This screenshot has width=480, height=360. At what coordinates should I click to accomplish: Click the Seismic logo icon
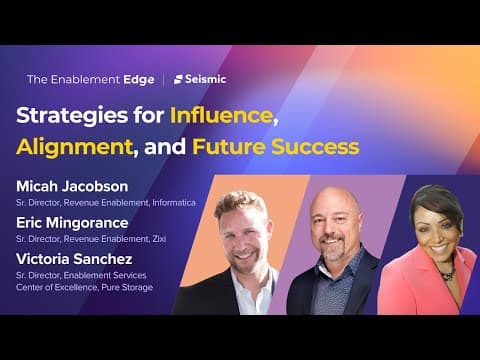click(178, 79)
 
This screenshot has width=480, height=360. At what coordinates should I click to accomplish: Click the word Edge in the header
click(139, 80)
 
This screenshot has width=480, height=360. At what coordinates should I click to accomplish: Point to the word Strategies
click(72, 116)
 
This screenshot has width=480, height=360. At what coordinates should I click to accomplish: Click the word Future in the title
click(229, 147)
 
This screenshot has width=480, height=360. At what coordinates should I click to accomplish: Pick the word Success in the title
click(315, 147)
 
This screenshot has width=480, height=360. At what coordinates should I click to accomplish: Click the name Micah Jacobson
click(72, 186)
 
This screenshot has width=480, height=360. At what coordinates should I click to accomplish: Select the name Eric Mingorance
click(72, 223)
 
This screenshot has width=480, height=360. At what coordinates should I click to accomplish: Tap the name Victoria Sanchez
click(74, 259)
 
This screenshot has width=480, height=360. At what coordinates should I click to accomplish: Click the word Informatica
click(174, 203)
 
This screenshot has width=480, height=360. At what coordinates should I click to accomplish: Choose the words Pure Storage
click(127, 287)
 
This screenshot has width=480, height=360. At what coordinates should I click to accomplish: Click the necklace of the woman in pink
click(448, 274)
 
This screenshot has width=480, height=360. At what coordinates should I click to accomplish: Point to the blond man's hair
click(241, 203)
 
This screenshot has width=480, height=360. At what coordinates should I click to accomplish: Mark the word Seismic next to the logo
click(206, 79)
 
